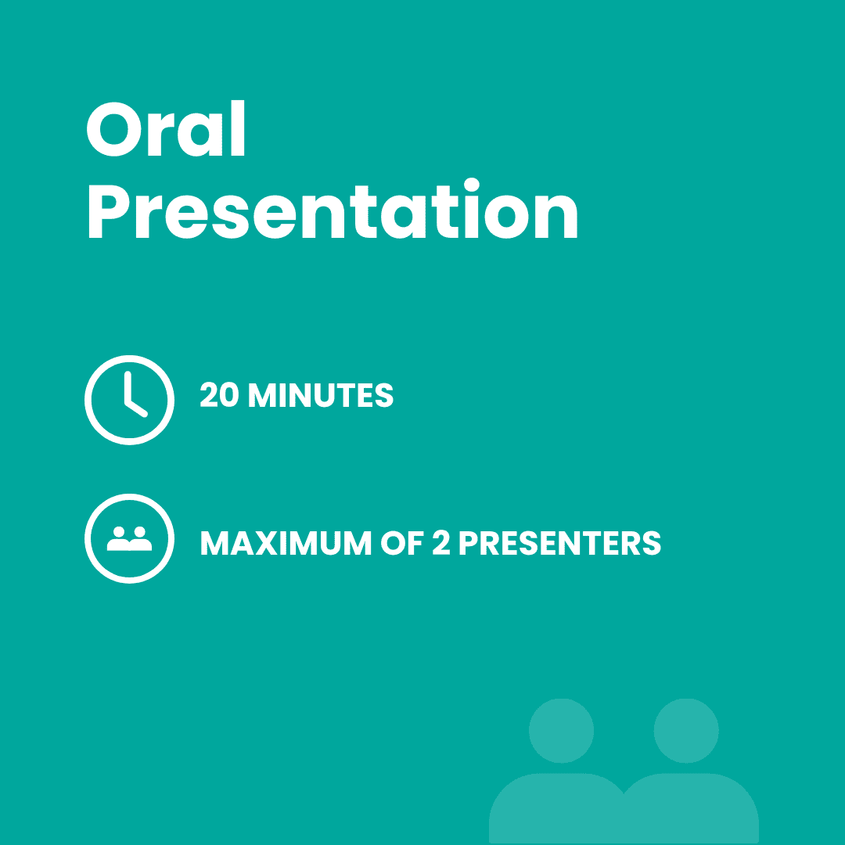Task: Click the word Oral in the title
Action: click(x=166, y=128)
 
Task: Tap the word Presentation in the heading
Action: click(x=333, y=209)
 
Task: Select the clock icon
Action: click(x=129, y=400)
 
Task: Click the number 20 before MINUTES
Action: click(x=219, y=394)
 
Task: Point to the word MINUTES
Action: click(x=321, y=395)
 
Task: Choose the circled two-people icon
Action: click(x=129, y=538)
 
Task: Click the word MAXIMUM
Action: click(x=286, y=543)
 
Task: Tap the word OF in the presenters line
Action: click(x=401, y=543)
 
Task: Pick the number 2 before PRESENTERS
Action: click(x=440, y=542)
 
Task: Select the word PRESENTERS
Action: click(x=560, y=543)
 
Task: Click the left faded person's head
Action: click(x=561, y=731)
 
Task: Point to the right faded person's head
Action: click(x=686, y=731)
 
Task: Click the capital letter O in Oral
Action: click(x=114, y=129)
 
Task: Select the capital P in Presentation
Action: click(x=109, y=211)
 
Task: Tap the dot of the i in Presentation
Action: click(x=471, y=185)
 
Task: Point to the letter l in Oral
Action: click(x=238, y=128)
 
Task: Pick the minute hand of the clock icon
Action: click(x=128, y=387)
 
